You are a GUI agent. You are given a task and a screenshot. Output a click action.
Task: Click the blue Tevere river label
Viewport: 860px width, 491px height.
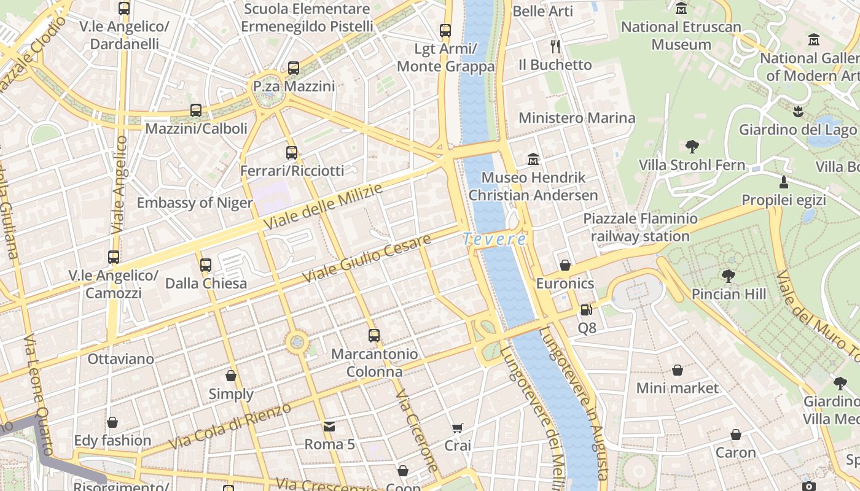coord(495,239)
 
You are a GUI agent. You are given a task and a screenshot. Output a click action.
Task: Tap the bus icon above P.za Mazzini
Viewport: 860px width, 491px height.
coord(294,68)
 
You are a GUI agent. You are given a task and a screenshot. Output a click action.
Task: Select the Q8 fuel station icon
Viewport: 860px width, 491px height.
coord(587,311)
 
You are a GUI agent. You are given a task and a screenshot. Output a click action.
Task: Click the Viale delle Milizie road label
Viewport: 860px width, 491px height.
coord(323,207)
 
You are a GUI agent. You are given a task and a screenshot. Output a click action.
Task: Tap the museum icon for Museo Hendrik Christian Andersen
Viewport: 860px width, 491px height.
coord(533,160)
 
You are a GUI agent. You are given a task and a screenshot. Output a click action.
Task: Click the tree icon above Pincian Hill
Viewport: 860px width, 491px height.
coord(729,276)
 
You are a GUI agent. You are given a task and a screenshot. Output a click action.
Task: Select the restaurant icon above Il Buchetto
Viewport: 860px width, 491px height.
coord(555,47)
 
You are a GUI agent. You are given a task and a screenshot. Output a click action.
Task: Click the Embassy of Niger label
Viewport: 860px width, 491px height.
coord(195,203)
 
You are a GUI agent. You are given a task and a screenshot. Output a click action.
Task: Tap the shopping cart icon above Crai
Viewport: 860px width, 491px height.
coord(457,428)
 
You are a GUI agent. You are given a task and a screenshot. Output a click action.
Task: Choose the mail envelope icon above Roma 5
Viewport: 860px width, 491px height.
coord(329,426)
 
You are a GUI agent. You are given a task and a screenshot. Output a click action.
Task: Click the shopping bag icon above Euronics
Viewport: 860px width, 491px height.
coord(565,265)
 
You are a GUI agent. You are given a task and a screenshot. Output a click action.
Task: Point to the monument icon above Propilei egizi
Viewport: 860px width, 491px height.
coord(783,182)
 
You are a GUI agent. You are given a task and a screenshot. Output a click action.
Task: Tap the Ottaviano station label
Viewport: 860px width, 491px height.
coord(121,359)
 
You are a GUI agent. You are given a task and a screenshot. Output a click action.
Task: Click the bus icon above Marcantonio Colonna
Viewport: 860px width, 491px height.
coord(374,336)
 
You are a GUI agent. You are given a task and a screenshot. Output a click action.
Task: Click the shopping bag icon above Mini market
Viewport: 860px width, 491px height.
coord(677,370)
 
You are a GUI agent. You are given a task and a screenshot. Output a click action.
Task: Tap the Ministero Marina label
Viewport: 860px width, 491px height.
coord(577,118)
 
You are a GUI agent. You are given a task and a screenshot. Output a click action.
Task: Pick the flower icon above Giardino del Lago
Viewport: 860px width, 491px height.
coord(798,112)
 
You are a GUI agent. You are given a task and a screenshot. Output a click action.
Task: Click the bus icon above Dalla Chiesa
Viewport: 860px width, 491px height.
coord(206,265)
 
